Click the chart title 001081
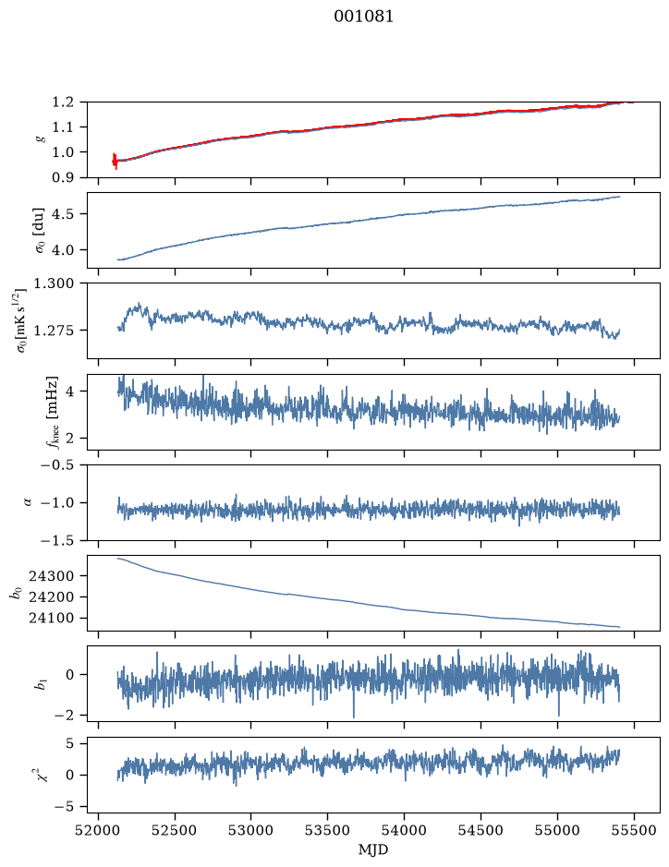click(363, 17)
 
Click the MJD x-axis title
click(373, 849)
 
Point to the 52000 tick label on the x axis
click(99, 830)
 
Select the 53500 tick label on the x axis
click(328, 830)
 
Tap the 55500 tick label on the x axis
click(634, 830)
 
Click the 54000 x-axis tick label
click(405, 830)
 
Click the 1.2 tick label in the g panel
click(63, 102)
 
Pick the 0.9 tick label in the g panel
click(63, 177)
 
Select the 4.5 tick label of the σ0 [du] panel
click(63, 214)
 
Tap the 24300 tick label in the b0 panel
click(52, 576)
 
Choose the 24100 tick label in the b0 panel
click(52, 619)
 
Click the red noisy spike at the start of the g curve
click(115, 161)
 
